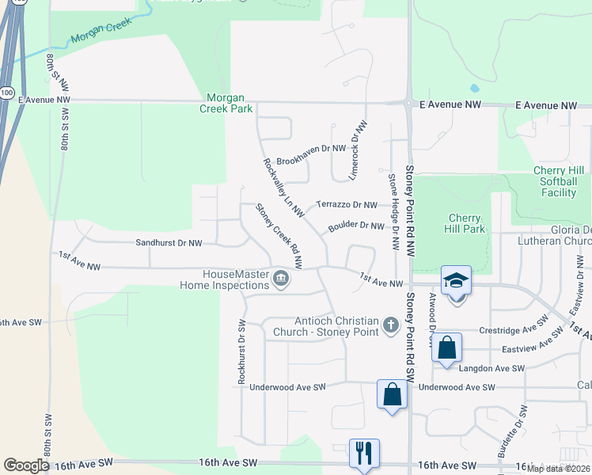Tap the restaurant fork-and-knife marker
364,454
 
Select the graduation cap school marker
457,280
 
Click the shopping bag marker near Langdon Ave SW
447,348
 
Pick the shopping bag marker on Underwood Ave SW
393,394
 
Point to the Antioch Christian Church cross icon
390,325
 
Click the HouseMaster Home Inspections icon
281,279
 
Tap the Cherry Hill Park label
465,223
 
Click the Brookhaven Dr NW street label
311,148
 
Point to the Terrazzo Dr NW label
347,204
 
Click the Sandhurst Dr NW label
169,243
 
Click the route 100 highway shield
6,92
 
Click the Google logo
26,465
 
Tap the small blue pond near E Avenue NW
473,88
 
